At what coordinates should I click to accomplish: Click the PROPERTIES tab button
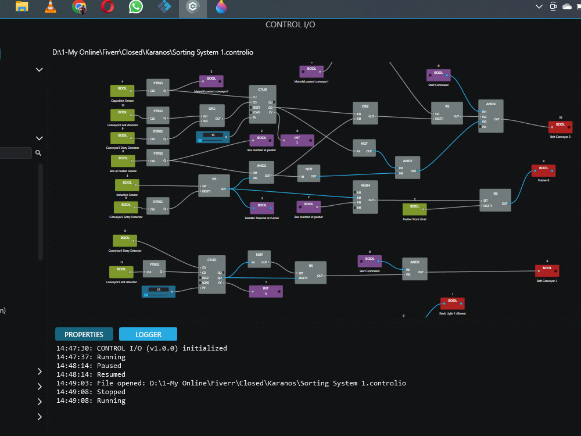tap(84, 334)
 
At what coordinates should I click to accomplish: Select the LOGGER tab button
tap(148, 334)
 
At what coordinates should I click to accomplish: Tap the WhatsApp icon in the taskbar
tap(136, 7)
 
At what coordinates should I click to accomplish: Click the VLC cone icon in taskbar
tap(51, 7)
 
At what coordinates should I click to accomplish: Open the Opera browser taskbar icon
tap(107, 7)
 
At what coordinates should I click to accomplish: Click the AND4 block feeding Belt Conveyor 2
tap(491, 116)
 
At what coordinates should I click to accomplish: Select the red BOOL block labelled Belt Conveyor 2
tap(560, 127)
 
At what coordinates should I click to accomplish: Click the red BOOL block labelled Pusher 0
tap(543, 170)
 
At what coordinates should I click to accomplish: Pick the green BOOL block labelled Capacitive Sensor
tap(122, 91)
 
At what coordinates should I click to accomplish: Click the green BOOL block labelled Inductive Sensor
tap(127, 185)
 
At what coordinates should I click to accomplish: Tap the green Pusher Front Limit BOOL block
tap(414, 209)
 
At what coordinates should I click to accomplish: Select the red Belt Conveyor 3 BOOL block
tap(547, 270)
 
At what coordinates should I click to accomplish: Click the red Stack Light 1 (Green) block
tap(452, 303)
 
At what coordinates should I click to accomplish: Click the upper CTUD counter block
tap(263, 103)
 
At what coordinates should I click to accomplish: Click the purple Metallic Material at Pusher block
tap(262, 208)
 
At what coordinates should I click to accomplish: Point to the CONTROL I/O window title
tap(290, 24)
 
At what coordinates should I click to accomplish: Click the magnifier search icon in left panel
tap(38, 153)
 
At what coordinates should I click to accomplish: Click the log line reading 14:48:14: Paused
tap(89, 366)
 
